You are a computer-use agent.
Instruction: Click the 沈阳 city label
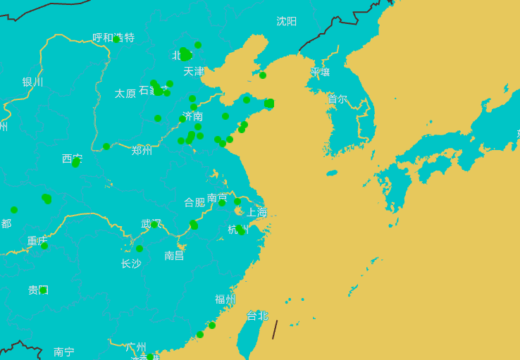286,21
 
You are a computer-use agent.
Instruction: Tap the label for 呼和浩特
113,37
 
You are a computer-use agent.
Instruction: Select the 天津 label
193,71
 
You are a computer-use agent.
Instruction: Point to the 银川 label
32,82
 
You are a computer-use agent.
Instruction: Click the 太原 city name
125,93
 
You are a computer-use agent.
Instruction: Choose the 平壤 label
320,72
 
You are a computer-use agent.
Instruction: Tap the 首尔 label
337,99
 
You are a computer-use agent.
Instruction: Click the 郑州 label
142,150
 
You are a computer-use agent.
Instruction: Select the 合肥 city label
194,202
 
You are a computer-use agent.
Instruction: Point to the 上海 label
256,212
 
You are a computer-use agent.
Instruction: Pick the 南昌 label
174,255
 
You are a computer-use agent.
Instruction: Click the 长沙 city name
131,263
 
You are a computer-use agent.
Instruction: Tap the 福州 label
225,299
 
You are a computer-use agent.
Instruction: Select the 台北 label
257,316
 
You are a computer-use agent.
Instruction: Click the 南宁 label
63,352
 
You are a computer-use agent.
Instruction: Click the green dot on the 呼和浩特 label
117,39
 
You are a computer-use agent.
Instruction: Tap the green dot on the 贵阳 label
43,290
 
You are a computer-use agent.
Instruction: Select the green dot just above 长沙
140,249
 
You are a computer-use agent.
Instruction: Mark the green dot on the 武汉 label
154,225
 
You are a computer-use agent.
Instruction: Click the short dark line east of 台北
275,330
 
